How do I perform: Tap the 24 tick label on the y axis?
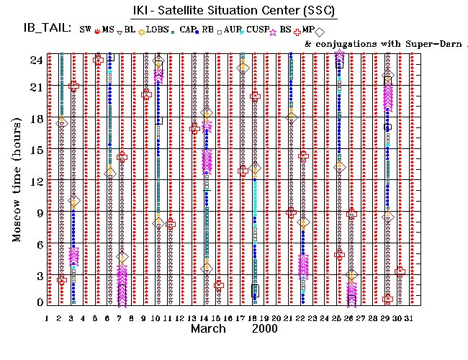[35, 60]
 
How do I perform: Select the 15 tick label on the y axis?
[35, 150]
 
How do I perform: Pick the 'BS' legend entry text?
[285, 30]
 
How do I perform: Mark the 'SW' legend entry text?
[85, 30]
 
